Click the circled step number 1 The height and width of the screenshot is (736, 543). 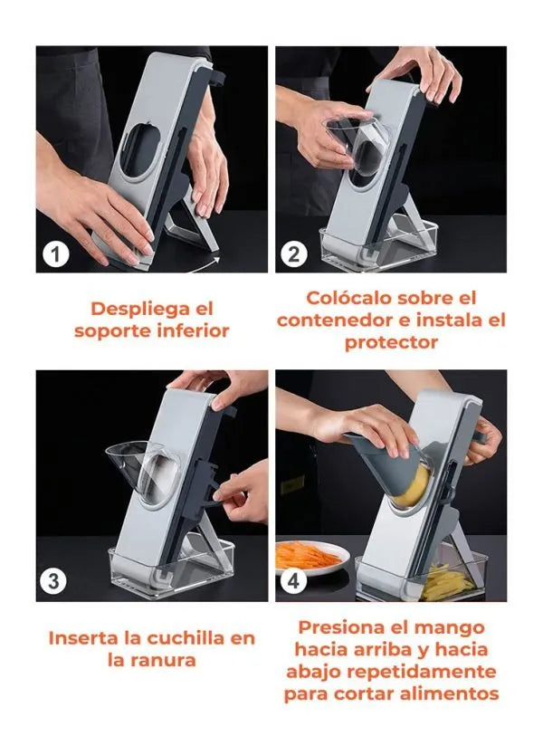pyautogui.click(x=56, y=254)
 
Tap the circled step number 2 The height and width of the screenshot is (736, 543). pyautogui.click(x=294, y=254)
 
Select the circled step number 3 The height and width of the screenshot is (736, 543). pyautogui.click(x=53, y=581)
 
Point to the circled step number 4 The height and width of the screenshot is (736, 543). pyautogui.click(x=293, y=581)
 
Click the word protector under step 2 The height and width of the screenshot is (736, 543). pyautogui.click(x=391, y=342)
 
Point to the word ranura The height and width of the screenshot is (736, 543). pyautogui.click(x=163, y=660)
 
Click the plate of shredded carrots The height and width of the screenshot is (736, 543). pyautogui.click(x=310, y=557)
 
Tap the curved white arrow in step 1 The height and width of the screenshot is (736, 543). pyautogui.click(x=197, y=265)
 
